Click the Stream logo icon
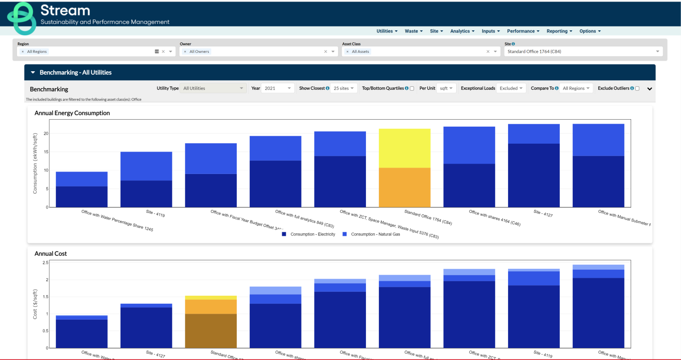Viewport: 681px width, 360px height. [x=21, y=18]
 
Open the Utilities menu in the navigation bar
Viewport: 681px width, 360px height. [x=387, y=31]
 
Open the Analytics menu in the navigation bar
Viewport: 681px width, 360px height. [x=462, y=31]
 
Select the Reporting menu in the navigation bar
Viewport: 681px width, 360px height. [x=559, y=31]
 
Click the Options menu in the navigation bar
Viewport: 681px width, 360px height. [x=590, y=31]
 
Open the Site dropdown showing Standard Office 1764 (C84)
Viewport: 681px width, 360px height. [x=582, y=51]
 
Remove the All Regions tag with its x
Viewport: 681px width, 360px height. [x=22, y=51]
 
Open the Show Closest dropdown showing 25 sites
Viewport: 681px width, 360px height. [x=344, y=88]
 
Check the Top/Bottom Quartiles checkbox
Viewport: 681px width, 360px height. [x=412, y=89]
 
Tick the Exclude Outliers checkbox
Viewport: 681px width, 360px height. [x=637, y=89]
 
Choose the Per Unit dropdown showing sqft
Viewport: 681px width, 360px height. [x=446, y=88]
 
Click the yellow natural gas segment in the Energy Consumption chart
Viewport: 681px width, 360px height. [x=404, y=148]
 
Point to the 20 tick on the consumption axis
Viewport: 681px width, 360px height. [x=45, y=134]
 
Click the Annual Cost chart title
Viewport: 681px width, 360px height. [x=50, y=254]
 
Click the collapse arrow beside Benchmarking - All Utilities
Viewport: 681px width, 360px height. [x=33, y=72]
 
